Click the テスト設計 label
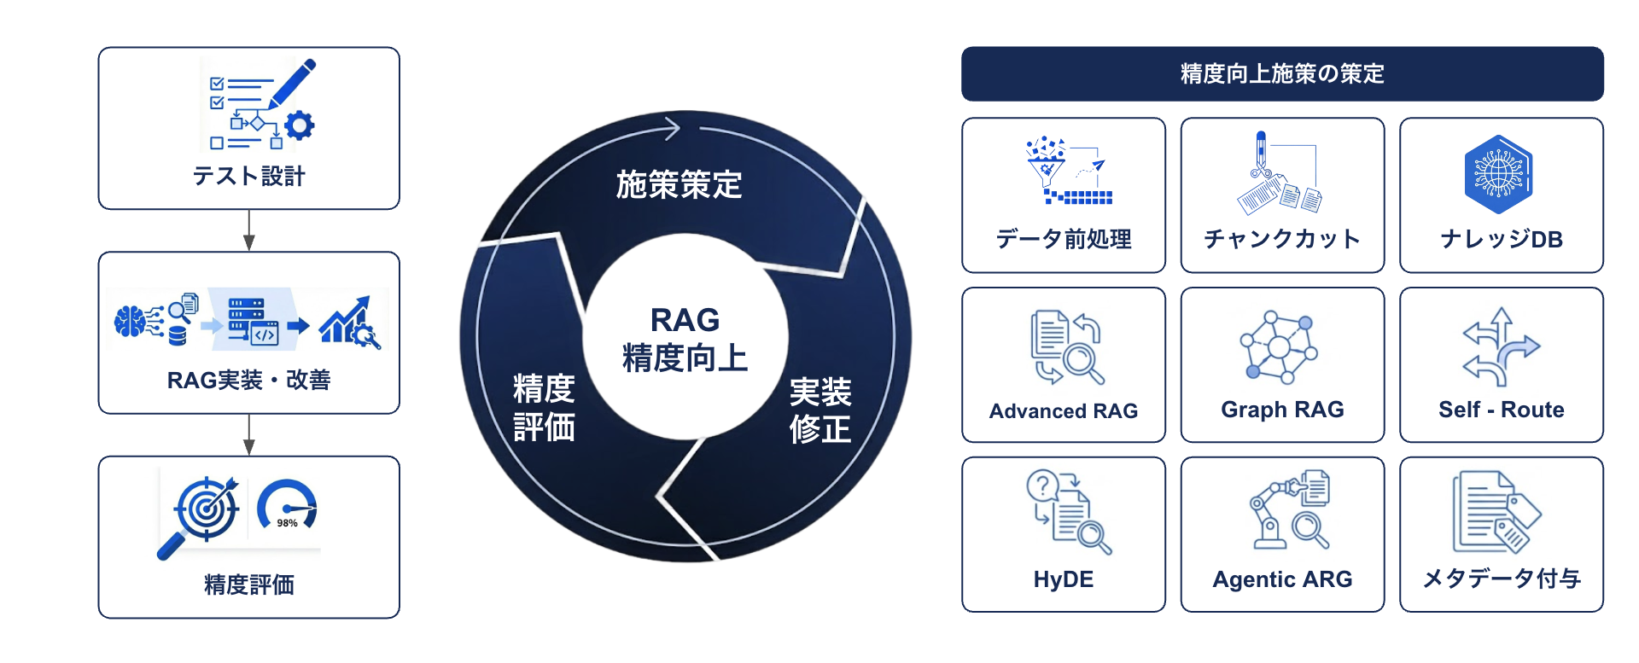248,176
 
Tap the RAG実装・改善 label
248,380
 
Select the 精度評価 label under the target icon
248,584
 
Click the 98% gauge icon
287,506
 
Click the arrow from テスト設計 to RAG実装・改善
248,230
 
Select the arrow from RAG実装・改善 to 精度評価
248,435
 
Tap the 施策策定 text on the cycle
679,184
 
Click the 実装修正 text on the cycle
819,410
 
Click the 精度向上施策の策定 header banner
1282,74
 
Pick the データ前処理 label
1064,239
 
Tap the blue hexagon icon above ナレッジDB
1499,174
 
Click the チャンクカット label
1282,239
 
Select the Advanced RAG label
1064,411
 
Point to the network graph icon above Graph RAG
1279,346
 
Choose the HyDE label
1064,579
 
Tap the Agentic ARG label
1282,579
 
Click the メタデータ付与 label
1502,579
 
